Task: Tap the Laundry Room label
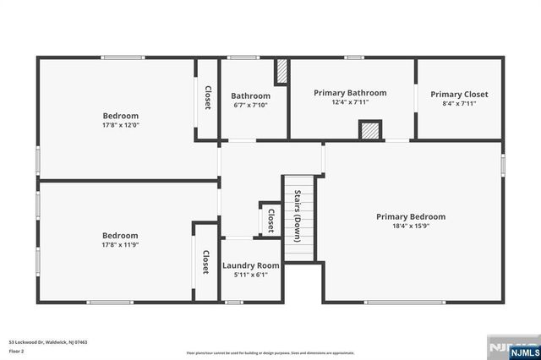(251, 265)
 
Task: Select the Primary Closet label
(459, 94)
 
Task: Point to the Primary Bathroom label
(350, 93)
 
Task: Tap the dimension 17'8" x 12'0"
(121, 125)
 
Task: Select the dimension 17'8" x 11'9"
(120, 245)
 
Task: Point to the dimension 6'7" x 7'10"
(251, 105)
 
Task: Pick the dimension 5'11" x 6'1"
(251, 275)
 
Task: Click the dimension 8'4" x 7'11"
(459, 103)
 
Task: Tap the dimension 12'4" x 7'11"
(350, 102)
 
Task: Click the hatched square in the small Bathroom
(281, 70)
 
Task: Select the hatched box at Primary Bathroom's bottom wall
(369, 130)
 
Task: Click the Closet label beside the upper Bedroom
(207, 97)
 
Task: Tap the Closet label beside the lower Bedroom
(205, 261)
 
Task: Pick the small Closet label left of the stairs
(270, 221)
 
